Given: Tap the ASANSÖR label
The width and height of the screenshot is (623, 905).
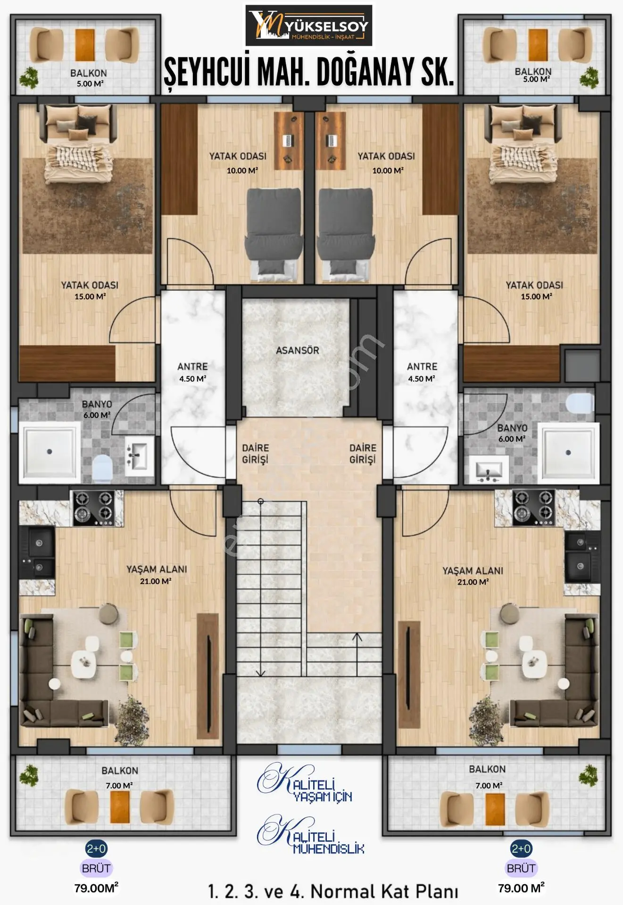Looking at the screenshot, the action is point(298,350).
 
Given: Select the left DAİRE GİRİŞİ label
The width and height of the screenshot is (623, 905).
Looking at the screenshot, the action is point(255,453).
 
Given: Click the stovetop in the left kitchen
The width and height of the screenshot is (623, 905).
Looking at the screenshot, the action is point(93,508).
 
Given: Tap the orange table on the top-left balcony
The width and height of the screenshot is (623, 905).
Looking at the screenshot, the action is point(85,45).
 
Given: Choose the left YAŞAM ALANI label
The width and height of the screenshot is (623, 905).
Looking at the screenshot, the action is point(157,569).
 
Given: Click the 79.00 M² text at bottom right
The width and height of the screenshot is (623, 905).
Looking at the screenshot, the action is point(521,888).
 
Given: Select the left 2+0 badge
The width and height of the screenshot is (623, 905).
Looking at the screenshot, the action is point(96,848).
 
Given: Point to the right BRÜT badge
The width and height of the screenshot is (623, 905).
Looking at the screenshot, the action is point(521,868).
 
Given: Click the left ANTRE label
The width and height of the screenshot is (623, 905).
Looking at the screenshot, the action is point(192,366).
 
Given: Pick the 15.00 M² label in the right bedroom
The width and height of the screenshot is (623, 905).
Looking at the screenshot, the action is point(536,296).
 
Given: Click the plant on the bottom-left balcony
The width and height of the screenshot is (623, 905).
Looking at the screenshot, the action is point(29,775).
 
